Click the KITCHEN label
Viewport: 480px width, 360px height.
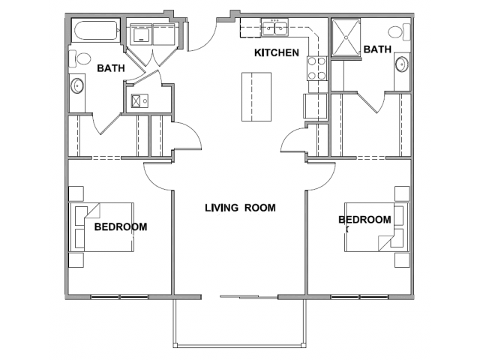tap(277, 52)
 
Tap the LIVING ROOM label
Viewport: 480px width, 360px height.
tap(240, 208)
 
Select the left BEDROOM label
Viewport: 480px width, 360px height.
tap(121, 226)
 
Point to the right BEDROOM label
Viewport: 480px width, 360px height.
tap(364, 220)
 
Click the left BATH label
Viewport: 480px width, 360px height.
tap(111, 68)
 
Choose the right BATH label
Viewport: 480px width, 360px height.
tap(377, 49)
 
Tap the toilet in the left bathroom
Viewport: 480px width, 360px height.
tap(79, 58)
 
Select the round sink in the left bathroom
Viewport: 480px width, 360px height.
tap(76, 85)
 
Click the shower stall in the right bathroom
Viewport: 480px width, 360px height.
tap(346, 37)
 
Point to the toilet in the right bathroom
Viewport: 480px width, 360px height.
tap(400, 31)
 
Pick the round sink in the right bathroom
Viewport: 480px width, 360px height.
tap(402, 64)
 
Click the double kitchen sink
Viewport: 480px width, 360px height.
tap(274, 27)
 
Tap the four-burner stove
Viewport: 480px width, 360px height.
tap(316, 68)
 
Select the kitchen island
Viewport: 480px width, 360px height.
tap(256, 97)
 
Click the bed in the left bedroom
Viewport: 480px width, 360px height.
tap(101, 227)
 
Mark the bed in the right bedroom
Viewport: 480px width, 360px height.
tap(377, 227)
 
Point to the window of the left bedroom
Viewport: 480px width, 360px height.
tap(120, 297)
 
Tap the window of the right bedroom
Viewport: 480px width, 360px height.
tap(359, 297)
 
